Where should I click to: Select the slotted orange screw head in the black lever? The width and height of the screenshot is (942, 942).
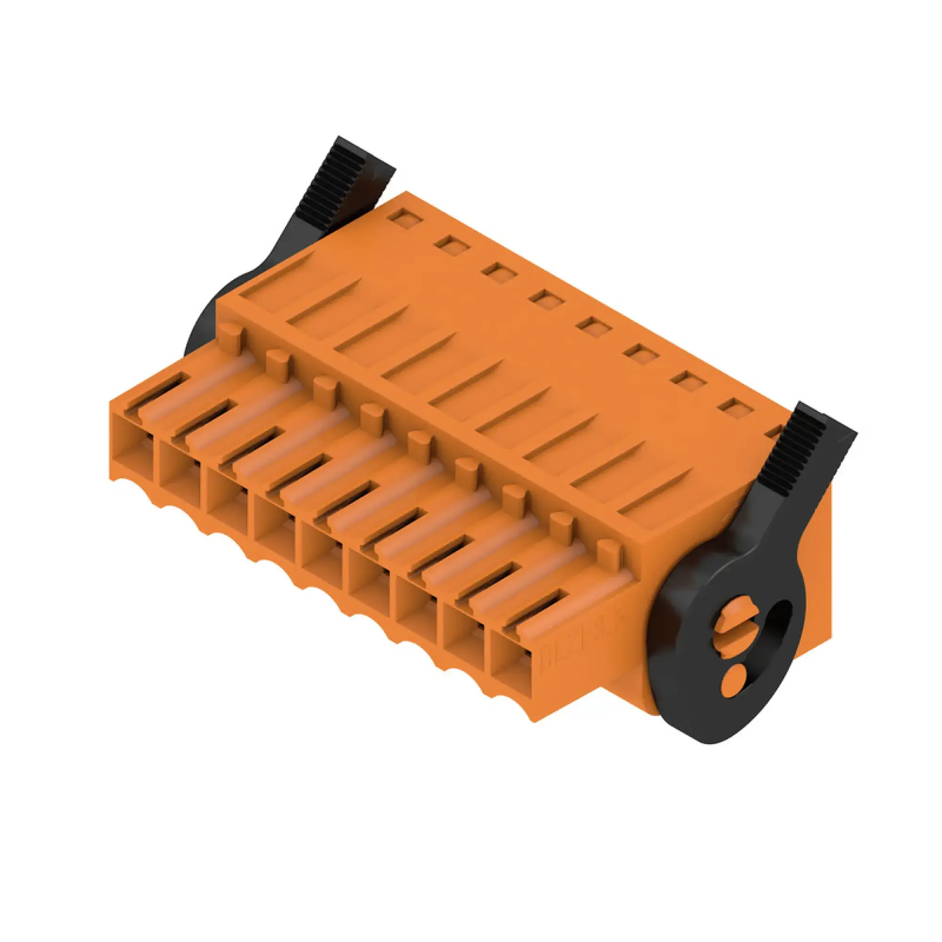731,625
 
